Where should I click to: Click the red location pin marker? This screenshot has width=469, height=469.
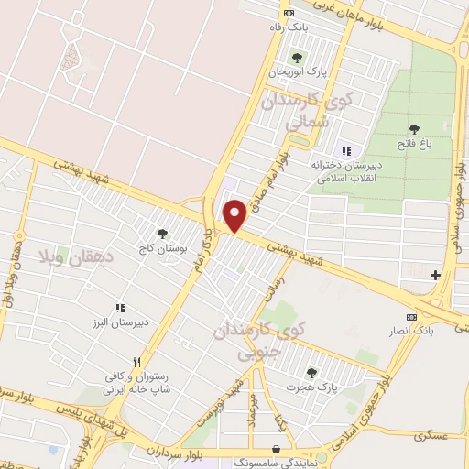[234, 215]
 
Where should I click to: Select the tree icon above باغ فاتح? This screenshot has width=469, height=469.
[414, 129]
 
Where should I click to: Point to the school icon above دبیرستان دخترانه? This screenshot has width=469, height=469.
[345, 151]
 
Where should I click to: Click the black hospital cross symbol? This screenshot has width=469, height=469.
[435, 274]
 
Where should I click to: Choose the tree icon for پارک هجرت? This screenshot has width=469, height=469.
[311, 373]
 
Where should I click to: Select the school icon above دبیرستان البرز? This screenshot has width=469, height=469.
[119, 308]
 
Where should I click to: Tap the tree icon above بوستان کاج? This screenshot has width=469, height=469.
[163, 234]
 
